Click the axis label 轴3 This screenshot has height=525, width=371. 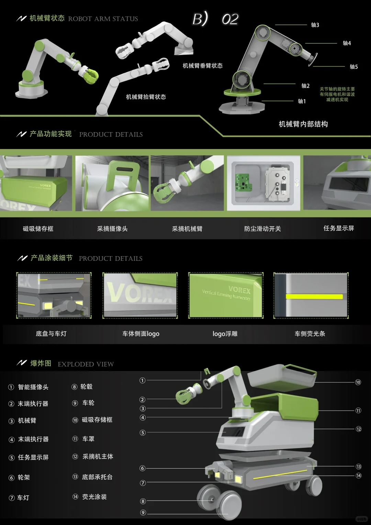click(315, 25)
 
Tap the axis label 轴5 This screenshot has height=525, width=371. click(353, 67)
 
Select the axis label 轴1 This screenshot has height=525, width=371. click(302, 101)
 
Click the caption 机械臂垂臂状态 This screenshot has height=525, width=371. click(202, 66)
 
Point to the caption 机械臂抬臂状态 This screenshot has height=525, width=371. click(146, 97)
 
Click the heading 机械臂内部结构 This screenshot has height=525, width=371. click(303, 124)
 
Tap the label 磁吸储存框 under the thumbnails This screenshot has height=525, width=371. click(38, 229)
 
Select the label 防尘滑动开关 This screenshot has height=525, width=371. click(262, 229)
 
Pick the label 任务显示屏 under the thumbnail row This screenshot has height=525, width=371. click(338, 228)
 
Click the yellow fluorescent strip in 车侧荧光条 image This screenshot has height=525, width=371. click(314, 297)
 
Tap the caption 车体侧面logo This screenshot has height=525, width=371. click(141, 334)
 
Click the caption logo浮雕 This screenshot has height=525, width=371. click(225, 334)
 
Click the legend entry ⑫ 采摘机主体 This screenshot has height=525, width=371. click(93, 457)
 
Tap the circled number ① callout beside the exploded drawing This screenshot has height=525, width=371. click(142, 380)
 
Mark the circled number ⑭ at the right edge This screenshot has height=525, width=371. click(358, 476)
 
